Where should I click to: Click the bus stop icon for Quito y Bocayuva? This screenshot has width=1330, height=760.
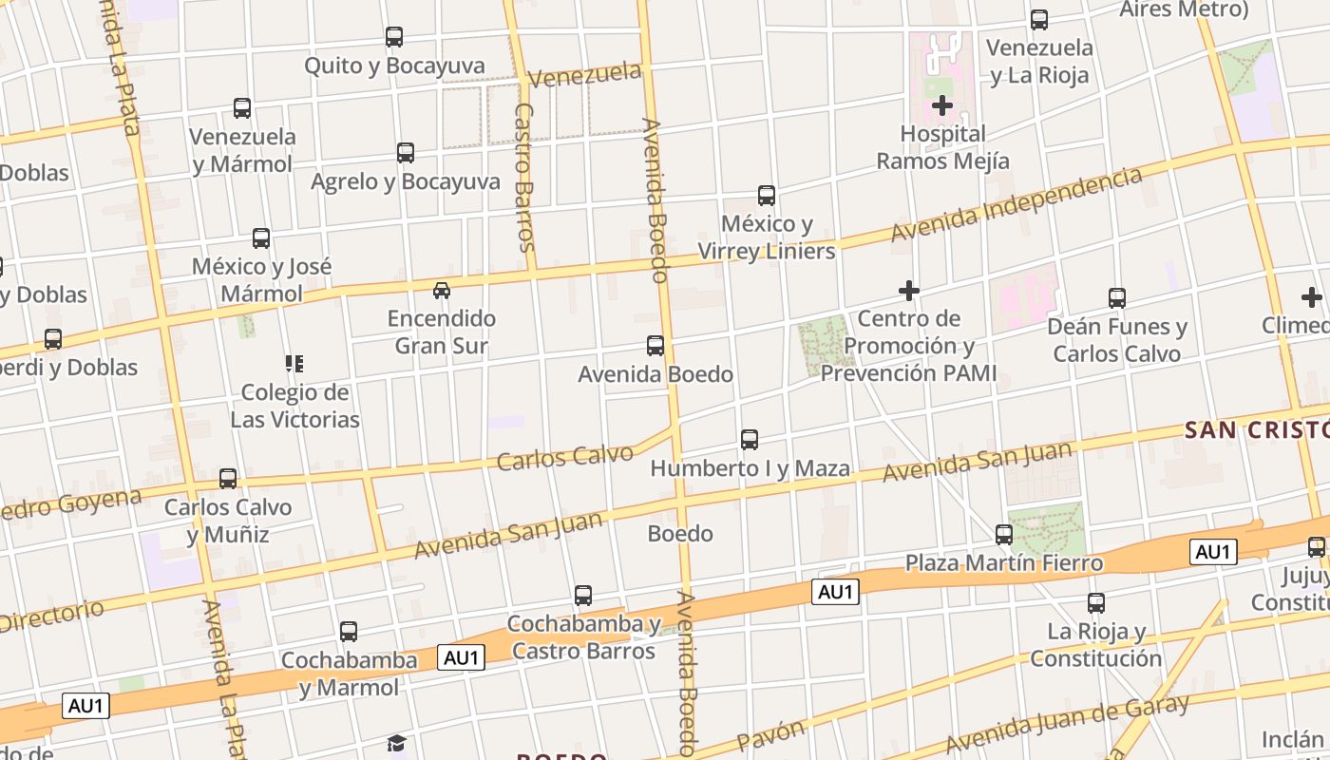point(394,37)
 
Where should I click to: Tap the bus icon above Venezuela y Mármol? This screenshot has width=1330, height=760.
point(242,108)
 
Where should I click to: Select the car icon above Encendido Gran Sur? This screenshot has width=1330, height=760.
point(442,290)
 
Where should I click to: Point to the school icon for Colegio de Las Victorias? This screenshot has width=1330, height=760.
point(294,363)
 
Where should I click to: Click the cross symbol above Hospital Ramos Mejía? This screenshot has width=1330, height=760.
point(942,104)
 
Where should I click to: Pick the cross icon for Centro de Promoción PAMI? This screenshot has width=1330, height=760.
point(909,290)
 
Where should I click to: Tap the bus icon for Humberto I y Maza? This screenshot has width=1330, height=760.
point(750,440)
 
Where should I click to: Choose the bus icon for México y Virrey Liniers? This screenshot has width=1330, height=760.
point(767,196)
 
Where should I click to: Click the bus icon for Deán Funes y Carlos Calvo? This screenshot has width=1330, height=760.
point(1117,298)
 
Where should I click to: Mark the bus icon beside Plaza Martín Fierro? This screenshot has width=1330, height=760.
point(1004,535)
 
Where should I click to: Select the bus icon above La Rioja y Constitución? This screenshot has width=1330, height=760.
point(1096,602)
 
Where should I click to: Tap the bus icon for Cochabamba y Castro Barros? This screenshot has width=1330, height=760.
point(583,596)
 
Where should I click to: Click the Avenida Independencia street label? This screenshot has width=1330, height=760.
point(1016,204)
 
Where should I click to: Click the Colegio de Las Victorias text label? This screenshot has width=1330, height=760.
point(294,406)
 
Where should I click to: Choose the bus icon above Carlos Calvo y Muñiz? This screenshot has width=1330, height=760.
point(228,479)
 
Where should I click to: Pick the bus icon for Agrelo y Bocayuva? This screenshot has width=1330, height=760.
point(406,152)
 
